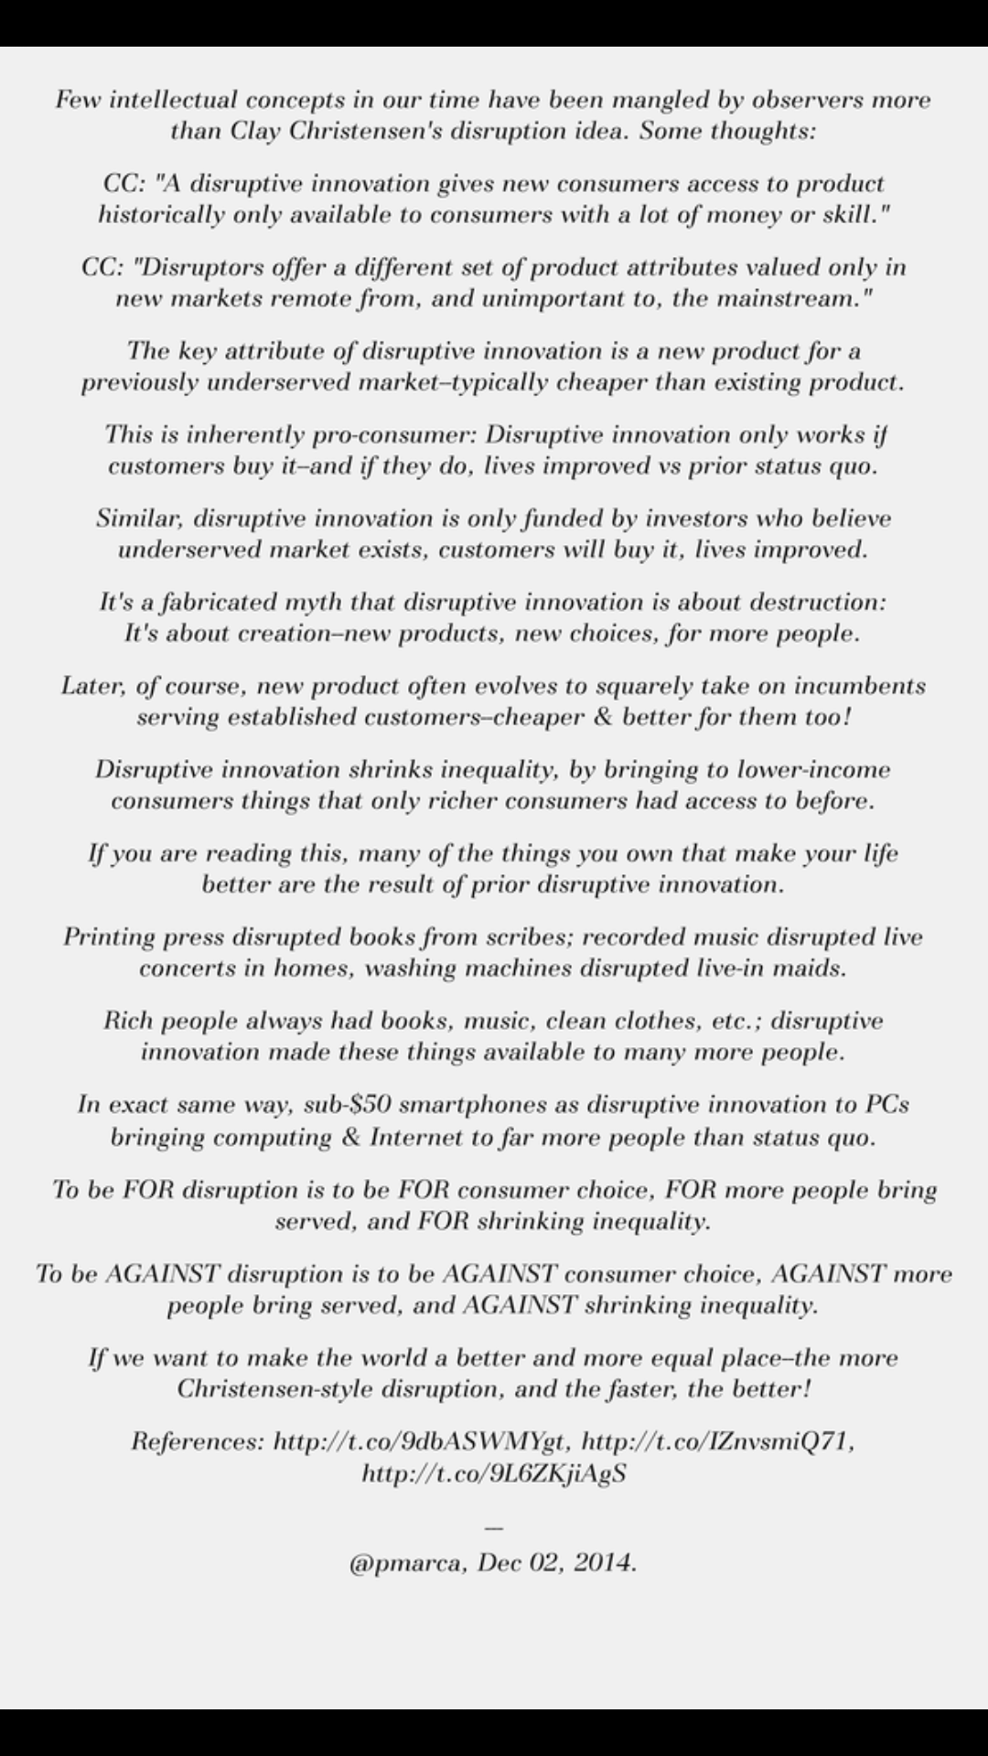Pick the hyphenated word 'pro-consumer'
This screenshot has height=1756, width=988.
(x=399, y=434)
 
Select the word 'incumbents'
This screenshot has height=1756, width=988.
(x=859, y=686)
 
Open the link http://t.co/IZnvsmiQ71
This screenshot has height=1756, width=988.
(x=717, y=1442)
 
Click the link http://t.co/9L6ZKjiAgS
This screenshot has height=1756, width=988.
(x=494, y=1473)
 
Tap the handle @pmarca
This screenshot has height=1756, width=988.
(x=409, y=1563)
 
